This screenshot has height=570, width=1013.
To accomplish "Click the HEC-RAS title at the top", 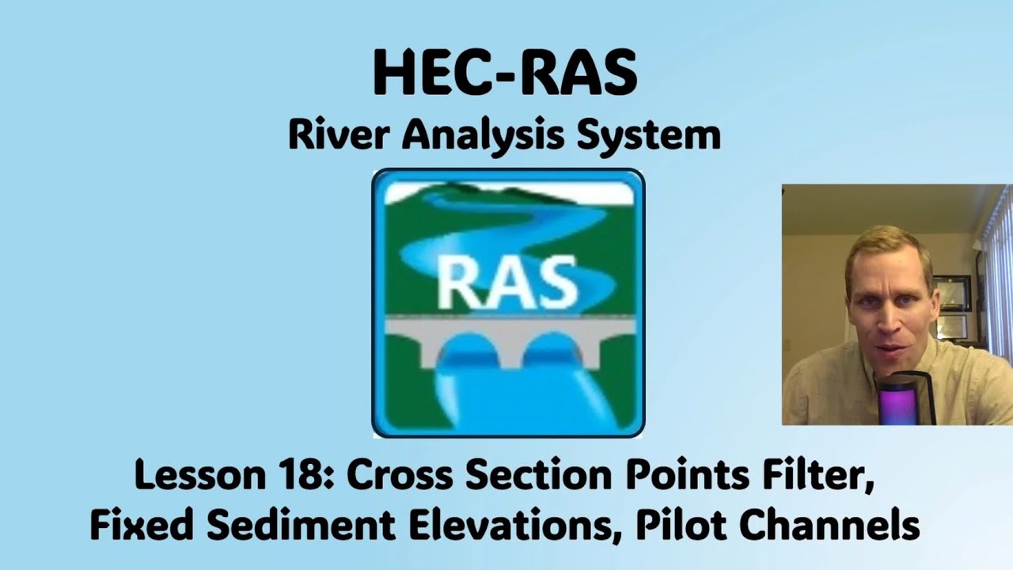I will (505, 74).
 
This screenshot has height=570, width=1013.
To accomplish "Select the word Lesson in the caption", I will (198, 476).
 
